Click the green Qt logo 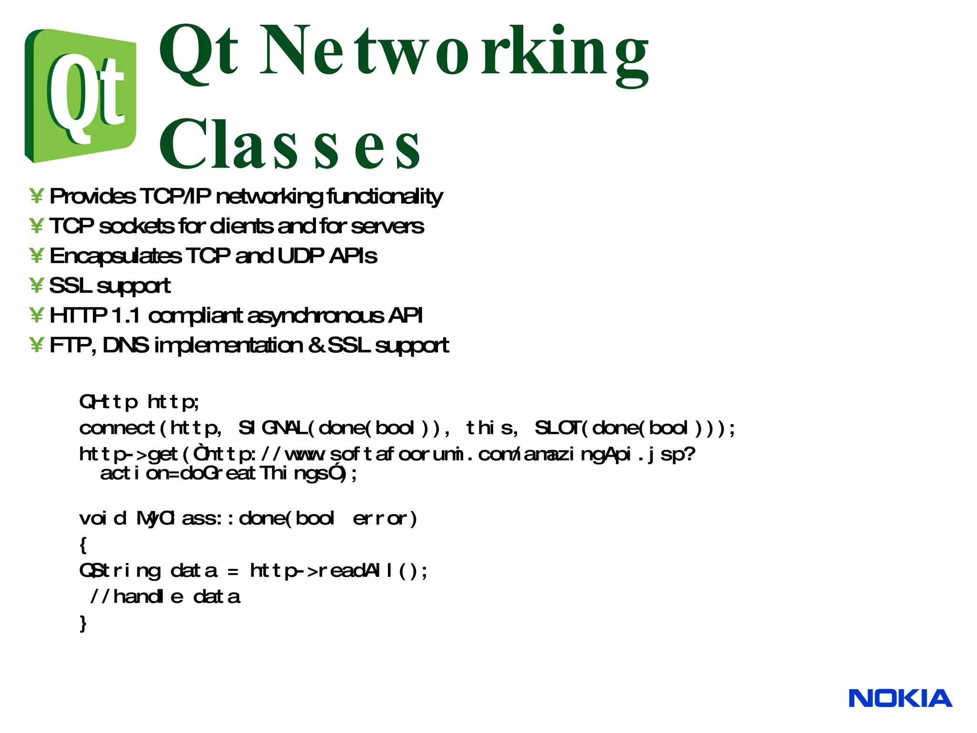tap(80, 95)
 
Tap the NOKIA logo tap(900, 699)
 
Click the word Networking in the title tap(453, 52)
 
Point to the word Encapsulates tap(115, 256)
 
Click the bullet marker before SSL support tap(36, 285)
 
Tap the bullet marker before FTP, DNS tap(36, 345)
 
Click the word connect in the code tap(117, 428)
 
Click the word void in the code tap(103, 518)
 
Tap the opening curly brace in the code tap(83, 545)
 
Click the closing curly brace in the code tap(83, 623)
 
